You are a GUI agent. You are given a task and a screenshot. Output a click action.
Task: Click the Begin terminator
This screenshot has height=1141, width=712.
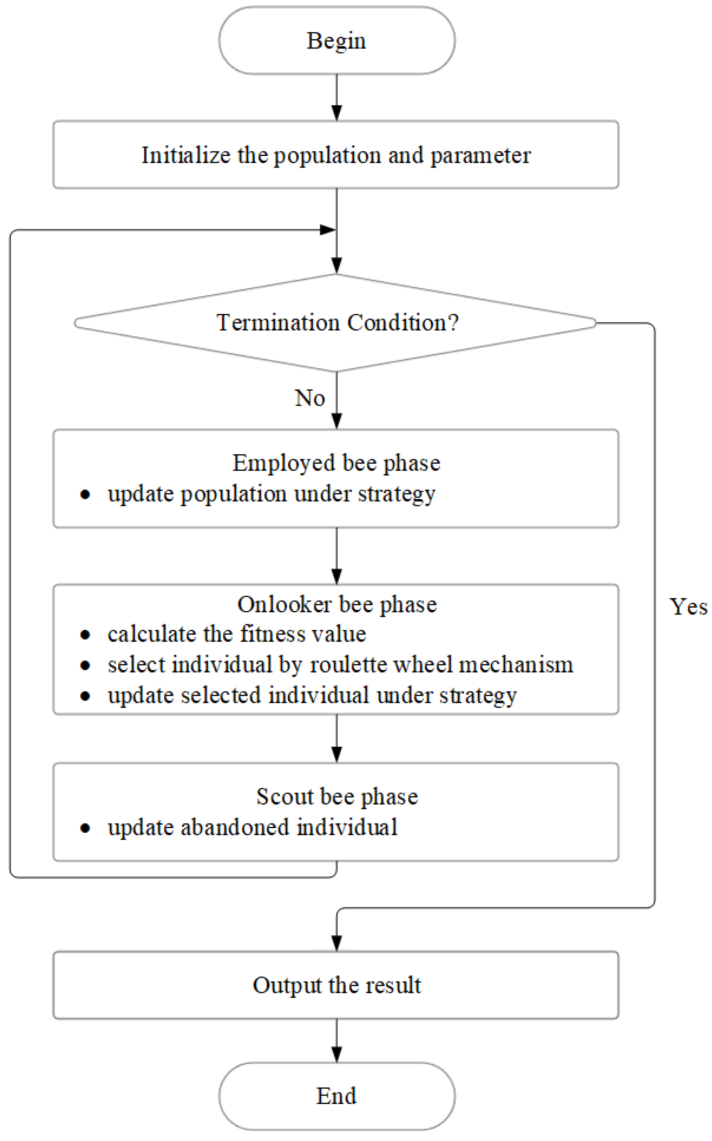coord(337,40)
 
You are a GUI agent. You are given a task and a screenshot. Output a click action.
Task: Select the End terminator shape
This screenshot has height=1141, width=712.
coord(337,1096)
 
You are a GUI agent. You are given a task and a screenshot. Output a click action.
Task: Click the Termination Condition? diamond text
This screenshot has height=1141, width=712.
coord(337,323)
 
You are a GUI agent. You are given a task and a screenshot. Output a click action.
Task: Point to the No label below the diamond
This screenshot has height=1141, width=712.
coord(309,398)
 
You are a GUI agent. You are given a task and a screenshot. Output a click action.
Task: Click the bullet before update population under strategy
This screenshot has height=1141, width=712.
coord(85,495)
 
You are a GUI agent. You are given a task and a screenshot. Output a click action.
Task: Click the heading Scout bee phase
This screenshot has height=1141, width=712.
coord(337,797)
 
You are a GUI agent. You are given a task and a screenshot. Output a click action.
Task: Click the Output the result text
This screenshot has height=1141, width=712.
coord(337,985)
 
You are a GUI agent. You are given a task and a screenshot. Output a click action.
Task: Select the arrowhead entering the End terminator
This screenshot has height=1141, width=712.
coord(337,1055)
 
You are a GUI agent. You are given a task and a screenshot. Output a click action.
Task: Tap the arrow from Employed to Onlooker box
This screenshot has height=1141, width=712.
coord(337,556)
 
